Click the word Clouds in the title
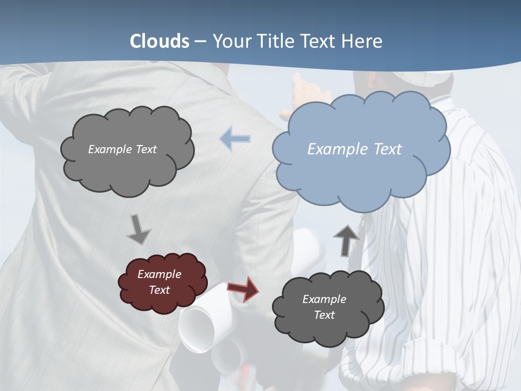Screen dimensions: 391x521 pos(160,41)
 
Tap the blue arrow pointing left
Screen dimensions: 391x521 pos(236,139)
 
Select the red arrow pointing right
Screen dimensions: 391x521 pos(243,288)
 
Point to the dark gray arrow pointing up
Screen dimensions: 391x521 pos(346,239)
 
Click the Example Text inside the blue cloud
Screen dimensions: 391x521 pos(354,149)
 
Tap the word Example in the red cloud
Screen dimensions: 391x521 pos(159,274)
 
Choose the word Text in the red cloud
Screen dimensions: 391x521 pos(160,290)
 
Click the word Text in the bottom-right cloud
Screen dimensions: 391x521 pos(324,315)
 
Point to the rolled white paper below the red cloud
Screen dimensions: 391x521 pos(198,326)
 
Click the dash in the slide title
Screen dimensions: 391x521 pos(200,41)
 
